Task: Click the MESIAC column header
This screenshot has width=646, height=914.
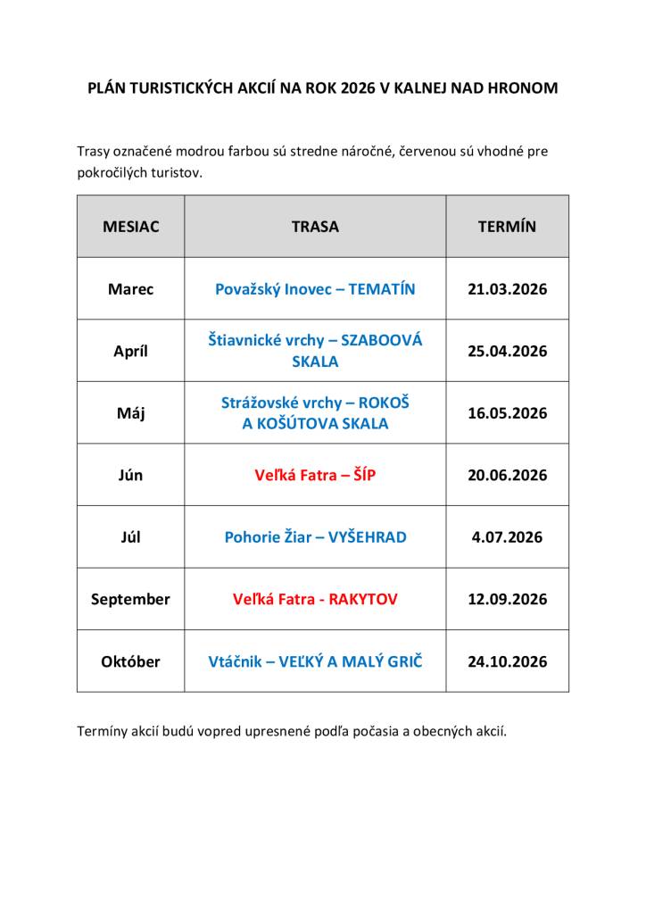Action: pyautogui.click(x=130, y=227)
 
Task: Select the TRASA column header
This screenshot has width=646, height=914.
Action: pyautogui.click(x=315, y=227)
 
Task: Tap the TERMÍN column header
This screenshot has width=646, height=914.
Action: pyautogui.click(x=507, y=227)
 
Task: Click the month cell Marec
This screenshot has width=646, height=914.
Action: pyautogui.click(x=130, y=289)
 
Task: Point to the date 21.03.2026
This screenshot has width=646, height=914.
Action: pyautogui.click(x=507, y=289)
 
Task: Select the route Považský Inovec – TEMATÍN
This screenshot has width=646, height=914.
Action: pyautogui.click(x=315, y=289)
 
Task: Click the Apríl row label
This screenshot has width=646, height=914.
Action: pyautogui.click(x=130, y=351)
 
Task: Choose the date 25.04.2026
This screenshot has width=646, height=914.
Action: pyautogui.click(x=507, y=351)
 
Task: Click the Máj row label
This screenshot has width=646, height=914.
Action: pyautogui.click(x=130, y=413)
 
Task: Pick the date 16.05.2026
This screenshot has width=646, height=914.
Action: pyautogui.click(x=507, y=413)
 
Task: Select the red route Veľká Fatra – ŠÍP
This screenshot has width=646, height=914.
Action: pyautogui.click(x=315, y=476)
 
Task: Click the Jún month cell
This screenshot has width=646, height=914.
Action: pyautogui.click(x=130, y=476)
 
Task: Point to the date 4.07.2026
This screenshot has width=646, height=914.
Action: pyautogui.click(x=507, y=537)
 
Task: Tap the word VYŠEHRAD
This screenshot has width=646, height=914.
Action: pyautogui.click(x=367, y=537)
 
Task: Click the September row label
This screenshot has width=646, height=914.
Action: pyautogui.click(x=130, y=600)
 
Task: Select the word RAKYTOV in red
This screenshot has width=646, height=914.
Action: pyautogui.click(x=363, y=600)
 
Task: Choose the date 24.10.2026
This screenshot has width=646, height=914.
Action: pyautogui.click(x=507, y=662)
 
